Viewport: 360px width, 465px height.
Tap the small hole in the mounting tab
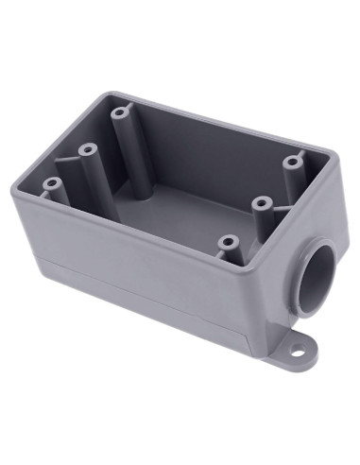297,352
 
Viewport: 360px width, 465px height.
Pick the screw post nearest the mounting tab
226,243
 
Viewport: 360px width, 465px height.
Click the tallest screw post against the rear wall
119,112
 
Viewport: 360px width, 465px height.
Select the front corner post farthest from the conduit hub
51,183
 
